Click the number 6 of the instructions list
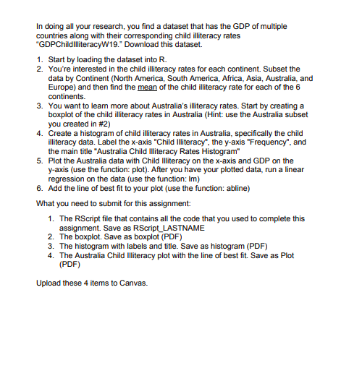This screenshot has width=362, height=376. coord(41,188)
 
